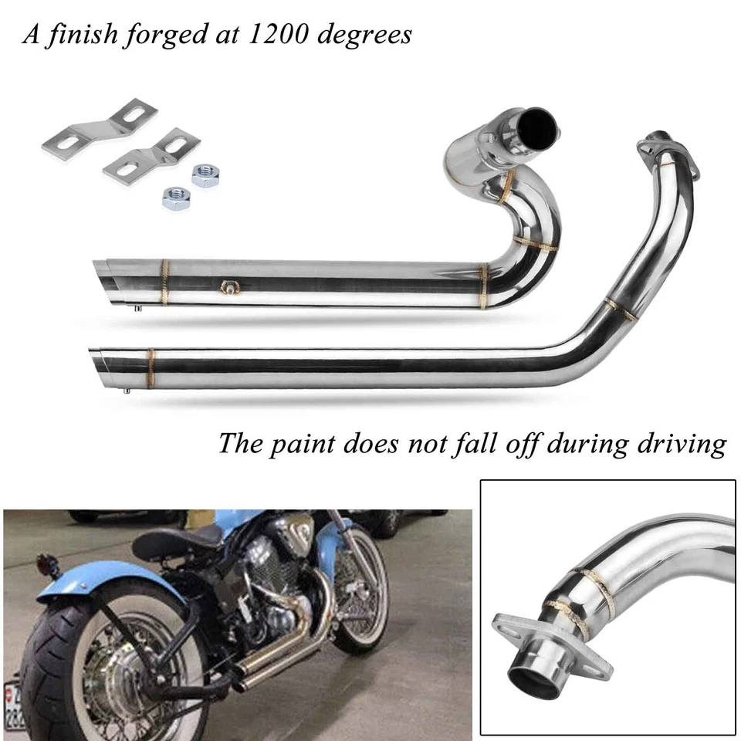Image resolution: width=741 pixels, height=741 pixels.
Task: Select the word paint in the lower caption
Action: [309, 444]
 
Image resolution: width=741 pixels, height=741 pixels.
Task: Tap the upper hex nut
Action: [205, 175]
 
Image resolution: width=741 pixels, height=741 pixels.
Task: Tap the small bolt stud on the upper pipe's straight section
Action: [228, 287]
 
